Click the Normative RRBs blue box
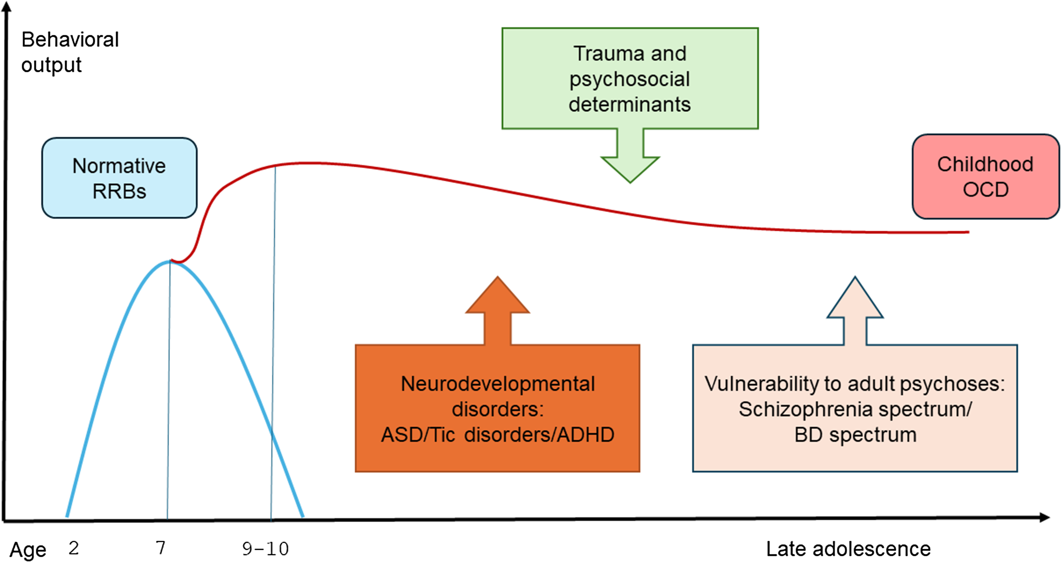119,178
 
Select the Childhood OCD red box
985,176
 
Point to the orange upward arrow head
497,297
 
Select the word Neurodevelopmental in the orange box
497,384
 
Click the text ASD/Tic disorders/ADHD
497,435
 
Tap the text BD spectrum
855,435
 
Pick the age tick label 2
74,548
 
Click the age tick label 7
161,548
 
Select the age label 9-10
265,549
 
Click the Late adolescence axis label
848,549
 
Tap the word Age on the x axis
28,550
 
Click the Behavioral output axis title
69,52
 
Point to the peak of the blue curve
170,261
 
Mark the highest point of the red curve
307,163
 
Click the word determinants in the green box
629,104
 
